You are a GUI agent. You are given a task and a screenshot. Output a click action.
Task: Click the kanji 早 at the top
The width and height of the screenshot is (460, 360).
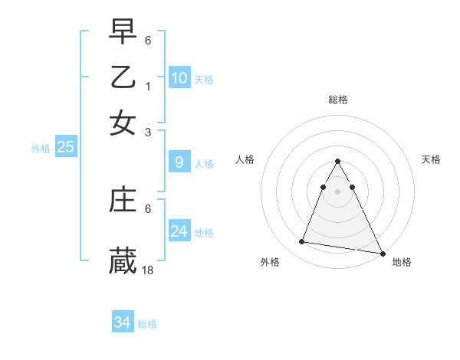[x=123, y=32]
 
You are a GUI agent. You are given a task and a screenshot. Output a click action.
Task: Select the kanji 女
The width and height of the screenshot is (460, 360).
[x=123, y=123]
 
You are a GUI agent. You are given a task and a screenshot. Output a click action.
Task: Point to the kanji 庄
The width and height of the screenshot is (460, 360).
[x=123, y=200]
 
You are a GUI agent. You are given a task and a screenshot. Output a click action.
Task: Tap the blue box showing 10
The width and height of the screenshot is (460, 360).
[x=179, y=77]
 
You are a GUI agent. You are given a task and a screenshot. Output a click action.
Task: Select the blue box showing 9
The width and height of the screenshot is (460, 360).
[x=179, y=162]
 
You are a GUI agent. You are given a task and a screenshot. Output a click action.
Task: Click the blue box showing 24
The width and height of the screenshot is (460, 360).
[x=179, y=231]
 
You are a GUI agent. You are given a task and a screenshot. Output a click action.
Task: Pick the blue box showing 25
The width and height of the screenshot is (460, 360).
[x=65, y=147]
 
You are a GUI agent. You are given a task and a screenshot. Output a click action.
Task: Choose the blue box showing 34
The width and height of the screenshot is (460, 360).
[x=122, y=322]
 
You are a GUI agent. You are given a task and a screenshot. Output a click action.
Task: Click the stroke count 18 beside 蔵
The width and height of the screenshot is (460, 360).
[x=148, y=270]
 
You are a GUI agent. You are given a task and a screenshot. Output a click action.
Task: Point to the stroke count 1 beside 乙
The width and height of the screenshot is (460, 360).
[x=149, y=86]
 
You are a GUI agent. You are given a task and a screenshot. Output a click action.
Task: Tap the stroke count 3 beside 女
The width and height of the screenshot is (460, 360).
[x=149, y=132]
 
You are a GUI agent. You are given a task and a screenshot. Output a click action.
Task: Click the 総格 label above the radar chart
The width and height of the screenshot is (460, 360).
[x=337, y=100]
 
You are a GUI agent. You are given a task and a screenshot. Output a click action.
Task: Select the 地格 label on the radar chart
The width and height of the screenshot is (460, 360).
[x=402, y=262]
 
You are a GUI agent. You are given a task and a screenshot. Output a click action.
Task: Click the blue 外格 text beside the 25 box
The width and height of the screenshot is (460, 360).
[x=41, y=149]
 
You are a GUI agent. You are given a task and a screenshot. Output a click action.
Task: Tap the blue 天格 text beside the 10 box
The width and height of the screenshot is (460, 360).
[x=204, y=79]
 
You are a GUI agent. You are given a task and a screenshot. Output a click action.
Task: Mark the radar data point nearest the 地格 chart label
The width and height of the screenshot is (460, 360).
[x=382, y=254]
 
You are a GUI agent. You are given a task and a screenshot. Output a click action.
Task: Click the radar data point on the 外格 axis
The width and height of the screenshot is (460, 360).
[x=302, y=241]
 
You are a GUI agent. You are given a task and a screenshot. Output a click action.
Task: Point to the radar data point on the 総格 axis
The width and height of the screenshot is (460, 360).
[x=337, y=162]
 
